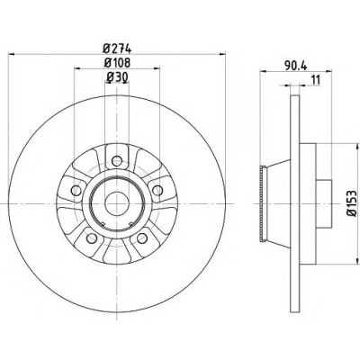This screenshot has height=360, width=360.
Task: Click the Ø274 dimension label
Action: [x=117, y=48]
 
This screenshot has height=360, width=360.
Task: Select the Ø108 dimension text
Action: [x=117, y=63]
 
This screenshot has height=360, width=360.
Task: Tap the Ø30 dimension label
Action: [x=117, y=77]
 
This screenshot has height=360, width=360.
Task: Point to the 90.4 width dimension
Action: [x=295, y=66]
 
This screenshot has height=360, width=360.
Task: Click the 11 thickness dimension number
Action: [x=316, y=80]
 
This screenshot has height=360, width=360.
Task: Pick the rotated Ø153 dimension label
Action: [x=352, y=203]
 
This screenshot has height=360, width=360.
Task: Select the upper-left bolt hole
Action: [x=76, y=190]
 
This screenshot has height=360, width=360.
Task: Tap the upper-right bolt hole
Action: [x=157, y=190]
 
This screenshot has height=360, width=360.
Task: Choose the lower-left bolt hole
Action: [x=92, y=238]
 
